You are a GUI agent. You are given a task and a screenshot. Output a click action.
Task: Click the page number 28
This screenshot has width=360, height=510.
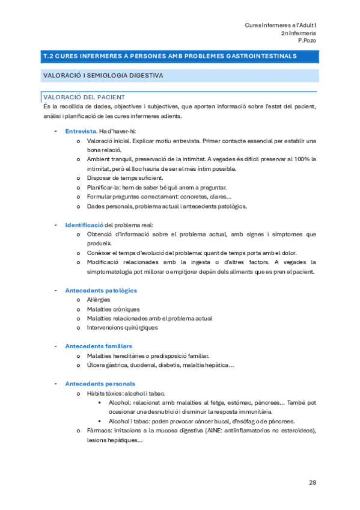point(313,482)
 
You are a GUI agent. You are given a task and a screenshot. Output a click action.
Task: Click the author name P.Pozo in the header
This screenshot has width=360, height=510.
point(307,40)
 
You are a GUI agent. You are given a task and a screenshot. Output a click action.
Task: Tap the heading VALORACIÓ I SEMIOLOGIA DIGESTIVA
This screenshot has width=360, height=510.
point(103,76)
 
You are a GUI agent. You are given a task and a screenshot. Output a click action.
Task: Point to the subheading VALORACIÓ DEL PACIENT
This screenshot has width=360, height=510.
point(84,97)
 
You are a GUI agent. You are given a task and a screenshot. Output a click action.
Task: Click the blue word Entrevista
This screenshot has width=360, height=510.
point(81,131)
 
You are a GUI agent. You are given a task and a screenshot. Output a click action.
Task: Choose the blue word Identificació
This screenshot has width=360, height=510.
point(84,225)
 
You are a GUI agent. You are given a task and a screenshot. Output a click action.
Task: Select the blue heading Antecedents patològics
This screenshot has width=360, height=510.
point(101,290)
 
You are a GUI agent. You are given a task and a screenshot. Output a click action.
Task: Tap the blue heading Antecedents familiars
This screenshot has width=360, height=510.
point(99,346)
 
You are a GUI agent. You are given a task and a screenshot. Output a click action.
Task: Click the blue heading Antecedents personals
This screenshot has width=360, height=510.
point(100,384)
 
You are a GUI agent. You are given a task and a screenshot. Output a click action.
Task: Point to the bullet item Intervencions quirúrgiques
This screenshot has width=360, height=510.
point(122,328)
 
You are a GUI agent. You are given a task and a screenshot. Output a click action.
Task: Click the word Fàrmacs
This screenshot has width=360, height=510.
point(99,431)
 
